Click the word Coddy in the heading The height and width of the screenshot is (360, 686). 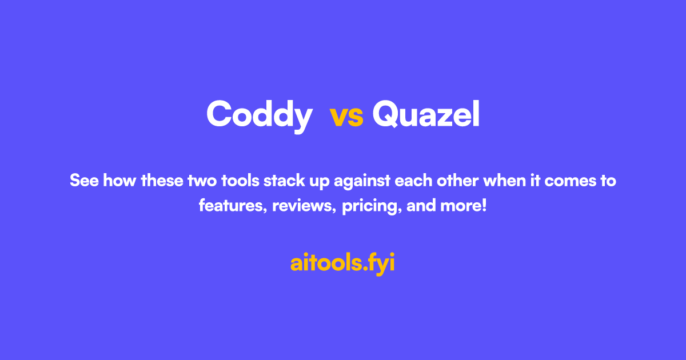260,115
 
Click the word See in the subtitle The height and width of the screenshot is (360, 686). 84,181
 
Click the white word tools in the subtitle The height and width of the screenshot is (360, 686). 240,181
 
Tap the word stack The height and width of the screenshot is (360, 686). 284,181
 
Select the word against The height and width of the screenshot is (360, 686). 362,181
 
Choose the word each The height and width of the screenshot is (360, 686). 413,181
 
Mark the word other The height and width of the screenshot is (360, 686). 457,181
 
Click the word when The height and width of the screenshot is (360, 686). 504,181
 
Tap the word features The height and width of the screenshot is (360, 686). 233,206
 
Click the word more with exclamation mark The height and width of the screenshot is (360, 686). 464,206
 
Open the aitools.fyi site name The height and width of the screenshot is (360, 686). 342,263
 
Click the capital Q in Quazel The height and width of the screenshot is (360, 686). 385,114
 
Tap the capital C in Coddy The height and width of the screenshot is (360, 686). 218,113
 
